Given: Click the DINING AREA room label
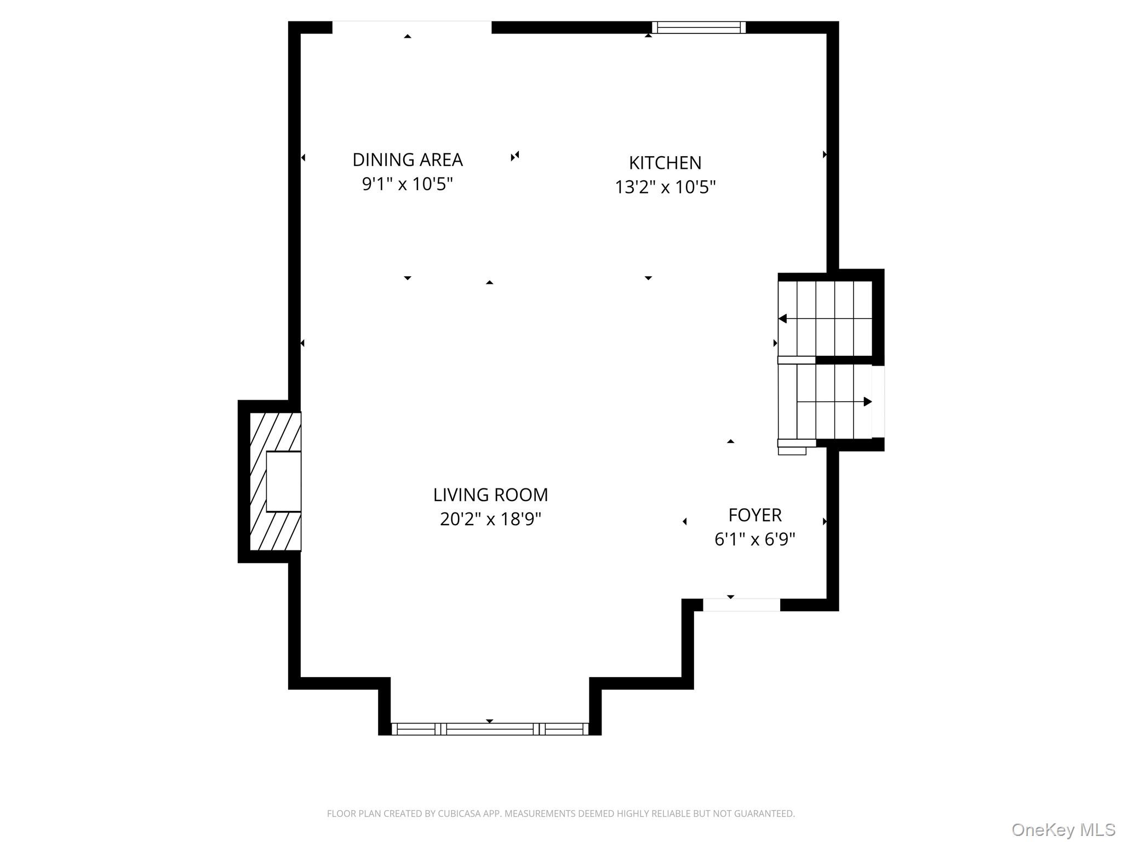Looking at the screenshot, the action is point(408,160).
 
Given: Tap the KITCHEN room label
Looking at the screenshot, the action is point(665,163).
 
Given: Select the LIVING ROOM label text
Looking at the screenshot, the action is point(490,495).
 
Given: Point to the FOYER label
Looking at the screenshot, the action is point(755,515).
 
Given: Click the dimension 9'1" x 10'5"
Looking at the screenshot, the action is point(408,184).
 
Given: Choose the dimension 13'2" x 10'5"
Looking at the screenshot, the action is point(665,187).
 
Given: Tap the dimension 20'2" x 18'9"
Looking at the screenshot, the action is point(490,519).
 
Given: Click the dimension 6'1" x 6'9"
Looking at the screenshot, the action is point(755,539).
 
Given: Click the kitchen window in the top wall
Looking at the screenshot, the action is point(699,27).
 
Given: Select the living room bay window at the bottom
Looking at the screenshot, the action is point(490,729).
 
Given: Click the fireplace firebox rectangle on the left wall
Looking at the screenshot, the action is point(283,481).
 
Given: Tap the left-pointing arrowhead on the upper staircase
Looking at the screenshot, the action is point(782,318).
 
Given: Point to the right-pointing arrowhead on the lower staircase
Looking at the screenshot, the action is point(868,402).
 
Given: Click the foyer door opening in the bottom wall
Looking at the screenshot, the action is point(741,605).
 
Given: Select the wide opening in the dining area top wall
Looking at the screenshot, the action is point(412,27).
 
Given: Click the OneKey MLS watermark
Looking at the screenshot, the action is point(1063,830).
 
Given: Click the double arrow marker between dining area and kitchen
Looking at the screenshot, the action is point(515,156).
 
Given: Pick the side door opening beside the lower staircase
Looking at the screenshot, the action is point(878,402).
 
